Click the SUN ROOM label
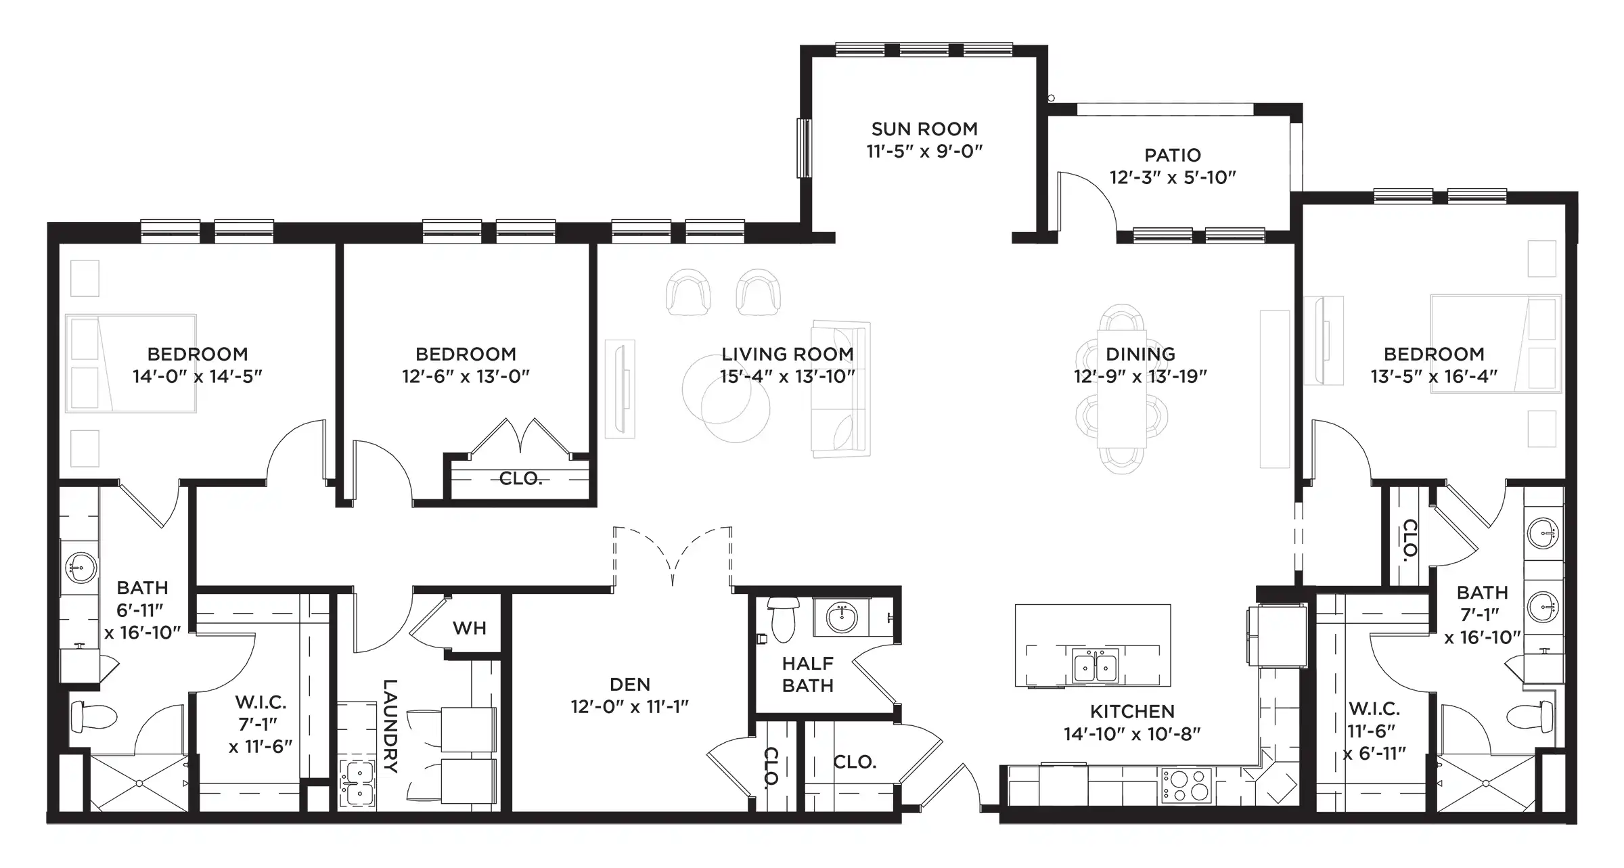(x=924, y=129)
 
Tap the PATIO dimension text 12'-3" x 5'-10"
(x=1173, y=177)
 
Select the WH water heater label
(x=470, y=628)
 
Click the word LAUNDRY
(x=390, y=725)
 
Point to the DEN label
(x=630, y=684)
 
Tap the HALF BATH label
(x=808, y=674)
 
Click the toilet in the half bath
(x=782, y=619)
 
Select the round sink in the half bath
(x=842, y=617)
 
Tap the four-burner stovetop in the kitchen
(x=1186, y=785)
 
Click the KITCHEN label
(x=1132, y=711)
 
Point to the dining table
(x=1121, y=388)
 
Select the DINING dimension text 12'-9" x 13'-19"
(x=1140, y=376)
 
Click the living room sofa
(x=840, y=389)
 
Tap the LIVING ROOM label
(x=787, y=354)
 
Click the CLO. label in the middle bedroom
(x=520, y=478)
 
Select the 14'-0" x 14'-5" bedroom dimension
(x=197, y=376)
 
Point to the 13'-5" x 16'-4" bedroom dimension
(x=1434, y=376)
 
